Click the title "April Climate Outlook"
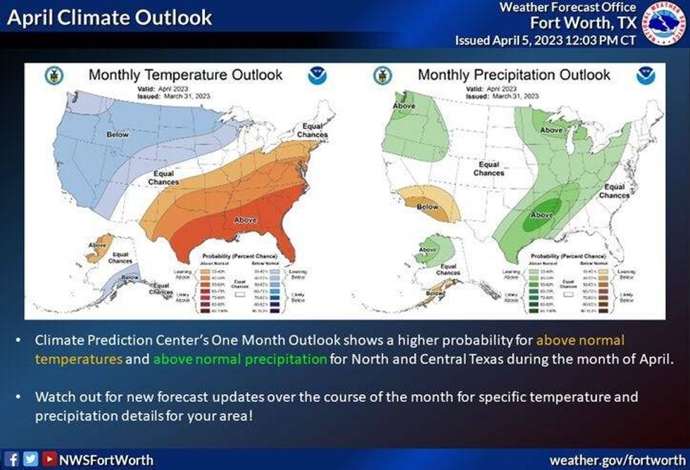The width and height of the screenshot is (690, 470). tap(110, 18)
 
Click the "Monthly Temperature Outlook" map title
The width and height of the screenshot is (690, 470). tap(185, 75)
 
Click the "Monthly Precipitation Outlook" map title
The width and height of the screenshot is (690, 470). tap(514, 75)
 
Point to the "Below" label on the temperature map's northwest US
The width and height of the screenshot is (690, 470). tap(117, 134)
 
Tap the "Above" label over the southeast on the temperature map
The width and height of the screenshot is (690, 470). tap(246, 220)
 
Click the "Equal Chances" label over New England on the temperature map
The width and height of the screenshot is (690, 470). tap(312, 131)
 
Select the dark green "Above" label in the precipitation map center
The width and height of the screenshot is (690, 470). tap(541, 215)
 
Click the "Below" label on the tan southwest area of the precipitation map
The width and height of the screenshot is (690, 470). tap(427, 207)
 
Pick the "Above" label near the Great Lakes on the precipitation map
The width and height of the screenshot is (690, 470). tap(551, 129)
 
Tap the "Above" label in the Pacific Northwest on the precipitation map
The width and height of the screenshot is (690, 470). tap(403, 106)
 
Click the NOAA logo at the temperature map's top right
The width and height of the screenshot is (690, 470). tap(316, 76)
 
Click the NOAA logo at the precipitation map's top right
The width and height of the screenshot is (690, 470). tap(645, 76)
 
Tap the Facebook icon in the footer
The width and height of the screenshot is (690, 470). tap(13, 460)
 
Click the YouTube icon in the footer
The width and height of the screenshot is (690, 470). tap(49, 460)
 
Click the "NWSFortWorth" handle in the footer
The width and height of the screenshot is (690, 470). tap(106, 460)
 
